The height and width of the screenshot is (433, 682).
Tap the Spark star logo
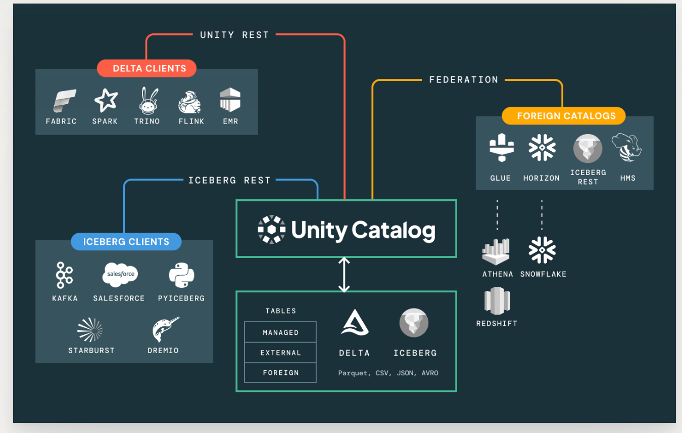[106, 100]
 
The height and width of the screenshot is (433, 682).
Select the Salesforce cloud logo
[120, 275]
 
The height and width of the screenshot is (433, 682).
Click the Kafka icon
[64, 275]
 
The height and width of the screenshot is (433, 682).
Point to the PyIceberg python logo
[181, 275]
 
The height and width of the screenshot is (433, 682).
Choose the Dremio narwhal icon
[166, 330]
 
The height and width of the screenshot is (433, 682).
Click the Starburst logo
[90, 330]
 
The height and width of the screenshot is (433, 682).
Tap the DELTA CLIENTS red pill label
[147, 68]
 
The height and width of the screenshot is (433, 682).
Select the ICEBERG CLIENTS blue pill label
[126, 241]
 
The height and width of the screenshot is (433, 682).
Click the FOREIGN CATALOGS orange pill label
[564, 116]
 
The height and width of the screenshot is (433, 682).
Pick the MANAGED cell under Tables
[280, 332]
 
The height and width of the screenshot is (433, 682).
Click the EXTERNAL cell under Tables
[280, 353]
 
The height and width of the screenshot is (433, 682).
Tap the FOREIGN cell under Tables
[280, 373]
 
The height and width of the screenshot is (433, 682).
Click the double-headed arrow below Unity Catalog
[344, 275]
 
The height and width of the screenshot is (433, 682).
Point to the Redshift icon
[497, 300]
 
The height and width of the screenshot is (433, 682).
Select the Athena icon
[496, 251]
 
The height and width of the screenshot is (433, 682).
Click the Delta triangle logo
[355, 323]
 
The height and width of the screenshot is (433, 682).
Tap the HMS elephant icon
[626, 148]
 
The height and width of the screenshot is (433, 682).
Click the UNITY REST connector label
[234, 35]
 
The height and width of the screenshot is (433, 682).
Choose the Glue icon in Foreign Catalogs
[502, 148]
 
